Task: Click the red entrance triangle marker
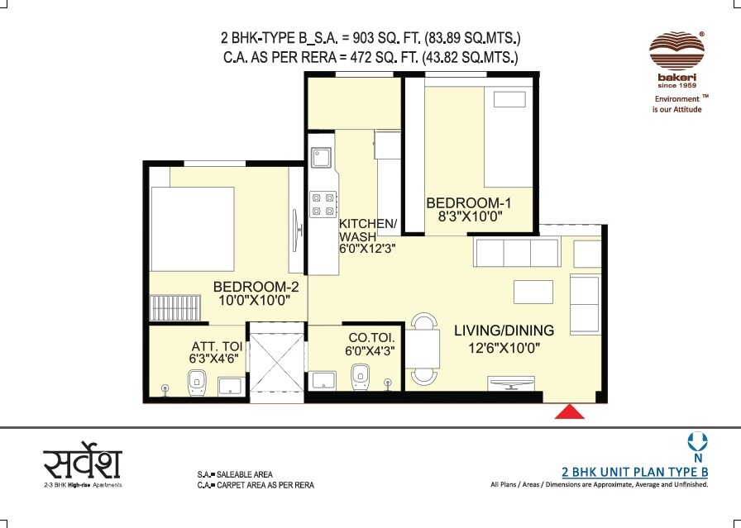click(570, 411)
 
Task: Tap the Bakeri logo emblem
click(676, 51)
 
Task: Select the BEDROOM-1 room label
click(469, 203)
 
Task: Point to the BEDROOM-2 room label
click(256, 287)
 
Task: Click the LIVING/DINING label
click(504, 331)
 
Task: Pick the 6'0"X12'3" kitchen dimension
click(367, 248)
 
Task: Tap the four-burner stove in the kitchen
click(323, 204)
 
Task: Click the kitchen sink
click(322, 158)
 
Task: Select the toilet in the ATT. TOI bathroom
click(196, 383)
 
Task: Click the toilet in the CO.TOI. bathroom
click(360, 377)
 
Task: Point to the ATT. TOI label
click(217, 346)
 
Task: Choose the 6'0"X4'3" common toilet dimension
click(370, 350)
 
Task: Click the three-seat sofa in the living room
click(517, 253)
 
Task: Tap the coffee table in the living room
click(533, 292)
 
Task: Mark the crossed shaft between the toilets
click(276, 362)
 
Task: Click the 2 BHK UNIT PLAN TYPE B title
click(634, 472)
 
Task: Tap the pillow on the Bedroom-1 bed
click(509, 100)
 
